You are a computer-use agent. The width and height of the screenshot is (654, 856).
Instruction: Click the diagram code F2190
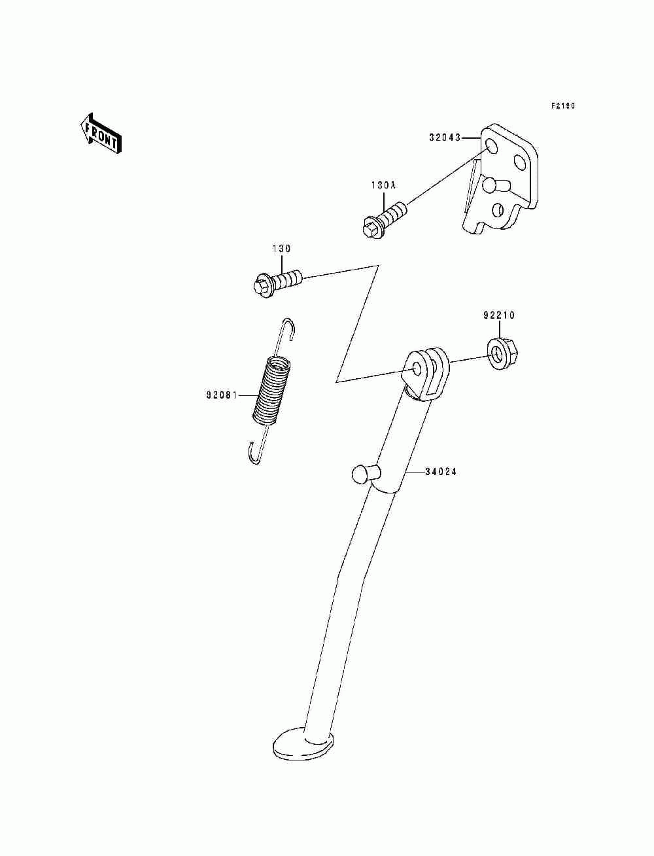click(562, 106)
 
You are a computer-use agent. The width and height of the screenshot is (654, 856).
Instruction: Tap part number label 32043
click(445, 138)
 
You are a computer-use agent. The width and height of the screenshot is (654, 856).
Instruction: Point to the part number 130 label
click(282, 249)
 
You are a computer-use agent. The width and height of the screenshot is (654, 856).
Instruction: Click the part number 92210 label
click(499, 315)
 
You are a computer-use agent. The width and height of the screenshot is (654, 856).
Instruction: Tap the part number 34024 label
click(440, 471)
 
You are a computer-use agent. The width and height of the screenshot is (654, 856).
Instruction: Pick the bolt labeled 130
click(279, 283)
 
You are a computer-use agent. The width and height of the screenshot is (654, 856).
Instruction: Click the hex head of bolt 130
click(260, 287)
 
